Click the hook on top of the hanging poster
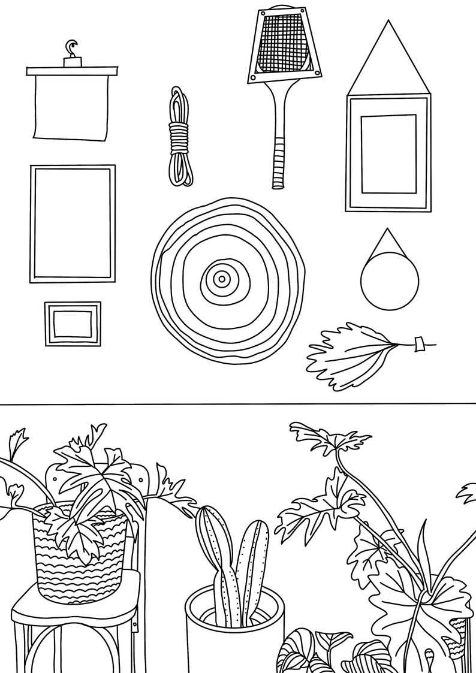pyautogui.click(x=72, y=47)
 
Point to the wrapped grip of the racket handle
pyautogui.click(x=278, y=162)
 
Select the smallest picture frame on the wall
pyautogui.click(x=73, y=324)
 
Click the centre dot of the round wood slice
pyautogui.click(x=221, y=278)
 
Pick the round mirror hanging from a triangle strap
pyautogui.click(x=390, y=280)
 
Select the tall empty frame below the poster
pyautogui.click(x=73, y=224)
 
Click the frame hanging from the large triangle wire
pyautogui.click(x=388, y=154)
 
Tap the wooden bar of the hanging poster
pyautogui.click(x=72, y=71)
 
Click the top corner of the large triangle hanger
pyautogui.click(x=388, y=23)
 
